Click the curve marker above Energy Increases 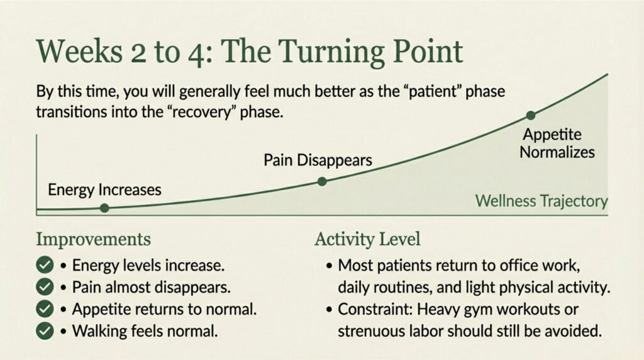[104, 208]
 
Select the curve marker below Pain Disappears [322, 181]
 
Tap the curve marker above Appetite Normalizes [530, 115]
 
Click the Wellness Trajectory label [541, 201]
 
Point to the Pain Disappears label [318, 160]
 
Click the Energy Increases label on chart [104, 189]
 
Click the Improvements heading [93, 239]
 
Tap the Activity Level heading [367, 239]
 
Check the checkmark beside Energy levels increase [45, 266]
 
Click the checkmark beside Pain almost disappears [45, 288]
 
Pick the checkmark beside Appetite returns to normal [45, 310]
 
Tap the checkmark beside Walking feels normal [45, 332]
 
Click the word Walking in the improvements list [97, 332]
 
